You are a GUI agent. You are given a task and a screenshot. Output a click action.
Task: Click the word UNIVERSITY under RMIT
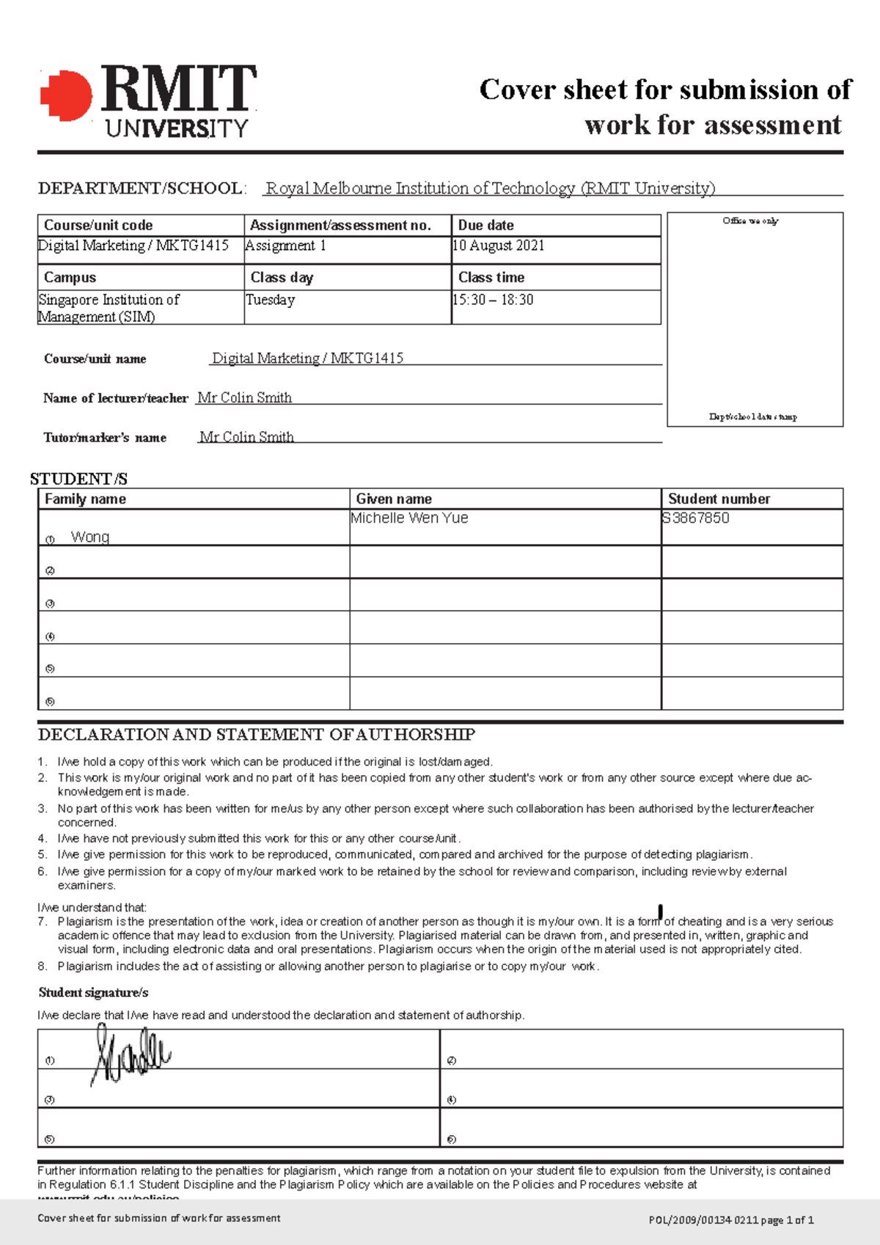point(177,129)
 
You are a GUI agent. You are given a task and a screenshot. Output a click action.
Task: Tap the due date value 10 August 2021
point(498,246)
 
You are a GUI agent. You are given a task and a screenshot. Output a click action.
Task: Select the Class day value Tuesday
point(270,300)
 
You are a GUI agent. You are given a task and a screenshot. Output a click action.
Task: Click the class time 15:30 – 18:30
point(493,300)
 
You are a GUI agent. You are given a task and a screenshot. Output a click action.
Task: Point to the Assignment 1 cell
point(285,246)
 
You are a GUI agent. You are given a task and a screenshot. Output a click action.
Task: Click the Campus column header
point(70,277)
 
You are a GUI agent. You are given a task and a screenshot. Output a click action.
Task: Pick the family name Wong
point(90,537)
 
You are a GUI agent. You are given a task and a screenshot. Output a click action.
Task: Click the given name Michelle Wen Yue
point(409,518)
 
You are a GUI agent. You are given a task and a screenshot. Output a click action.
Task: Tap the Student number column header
point(719,499)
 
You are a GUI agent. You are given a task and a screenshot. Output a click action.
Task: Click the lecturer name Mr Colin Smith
point(244,397)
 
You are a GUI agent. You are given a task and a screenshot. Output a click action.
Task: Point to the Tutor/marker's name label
point(105,438)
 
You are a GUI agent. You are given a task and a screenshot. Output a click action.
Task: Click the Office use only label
point(750,221)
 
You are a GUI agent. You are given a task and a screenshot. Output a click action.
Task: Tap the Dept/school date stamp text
point(752,416)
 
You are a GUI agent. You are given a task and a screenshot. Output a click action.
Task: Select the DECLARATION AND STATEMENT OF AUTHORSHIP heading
point(256,735)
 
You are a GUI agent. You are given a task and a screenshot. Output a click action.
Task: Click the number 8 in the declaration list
point(42,966)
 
